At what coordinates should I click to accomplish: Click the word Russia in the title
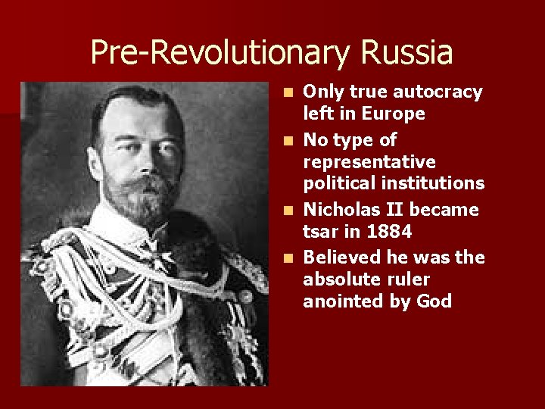coord(407,53)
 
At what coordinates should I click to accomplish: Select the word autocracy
coord(438,92)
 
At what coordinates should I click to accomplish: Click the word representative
coord(369,162)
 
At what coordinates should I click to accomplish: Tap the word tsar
coord(321,231)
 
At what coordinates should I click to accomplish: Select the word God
coord(434,301)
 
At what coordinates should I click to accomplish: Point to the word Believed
coord(338,258)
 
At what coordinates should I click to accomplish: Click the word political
coord(337,183)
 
